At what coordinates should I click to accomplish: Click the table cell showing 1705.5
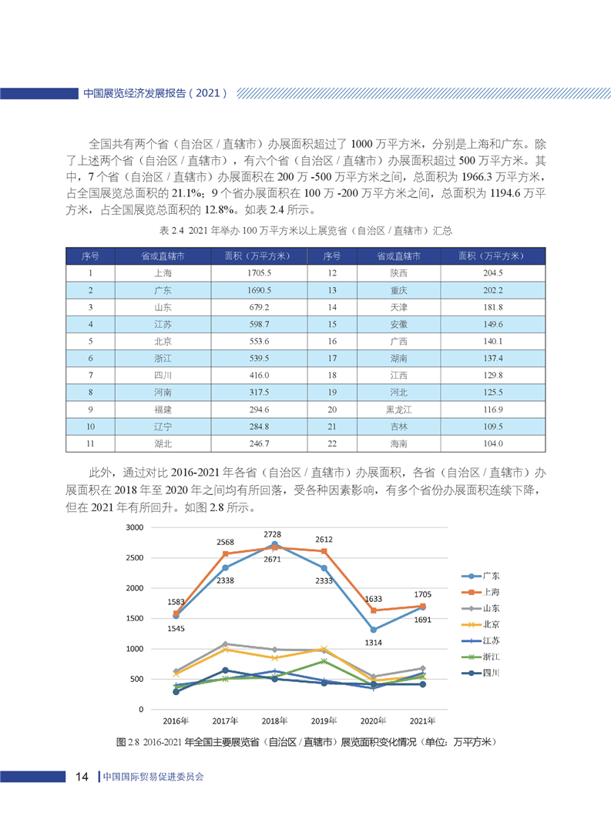tap(258, 273)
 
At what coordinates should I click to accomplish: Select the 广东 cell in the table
tap(163, 290)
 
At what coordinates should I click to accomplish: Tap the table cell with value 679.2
tap(258, 307)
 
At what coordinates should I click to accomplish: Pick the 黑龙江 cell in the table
tap(398, 409)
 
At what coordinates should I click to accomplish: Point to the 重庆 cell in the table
tap(398, 290)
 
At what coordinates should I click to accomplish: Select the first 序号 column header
tap(90, 256)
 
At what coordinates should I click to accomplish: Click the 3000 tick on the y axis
tap(135, 527)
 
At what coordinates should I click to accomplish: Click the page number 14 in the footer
tap(82, 777)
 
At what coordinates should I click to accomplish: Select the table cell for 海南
tap(398, 443)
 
